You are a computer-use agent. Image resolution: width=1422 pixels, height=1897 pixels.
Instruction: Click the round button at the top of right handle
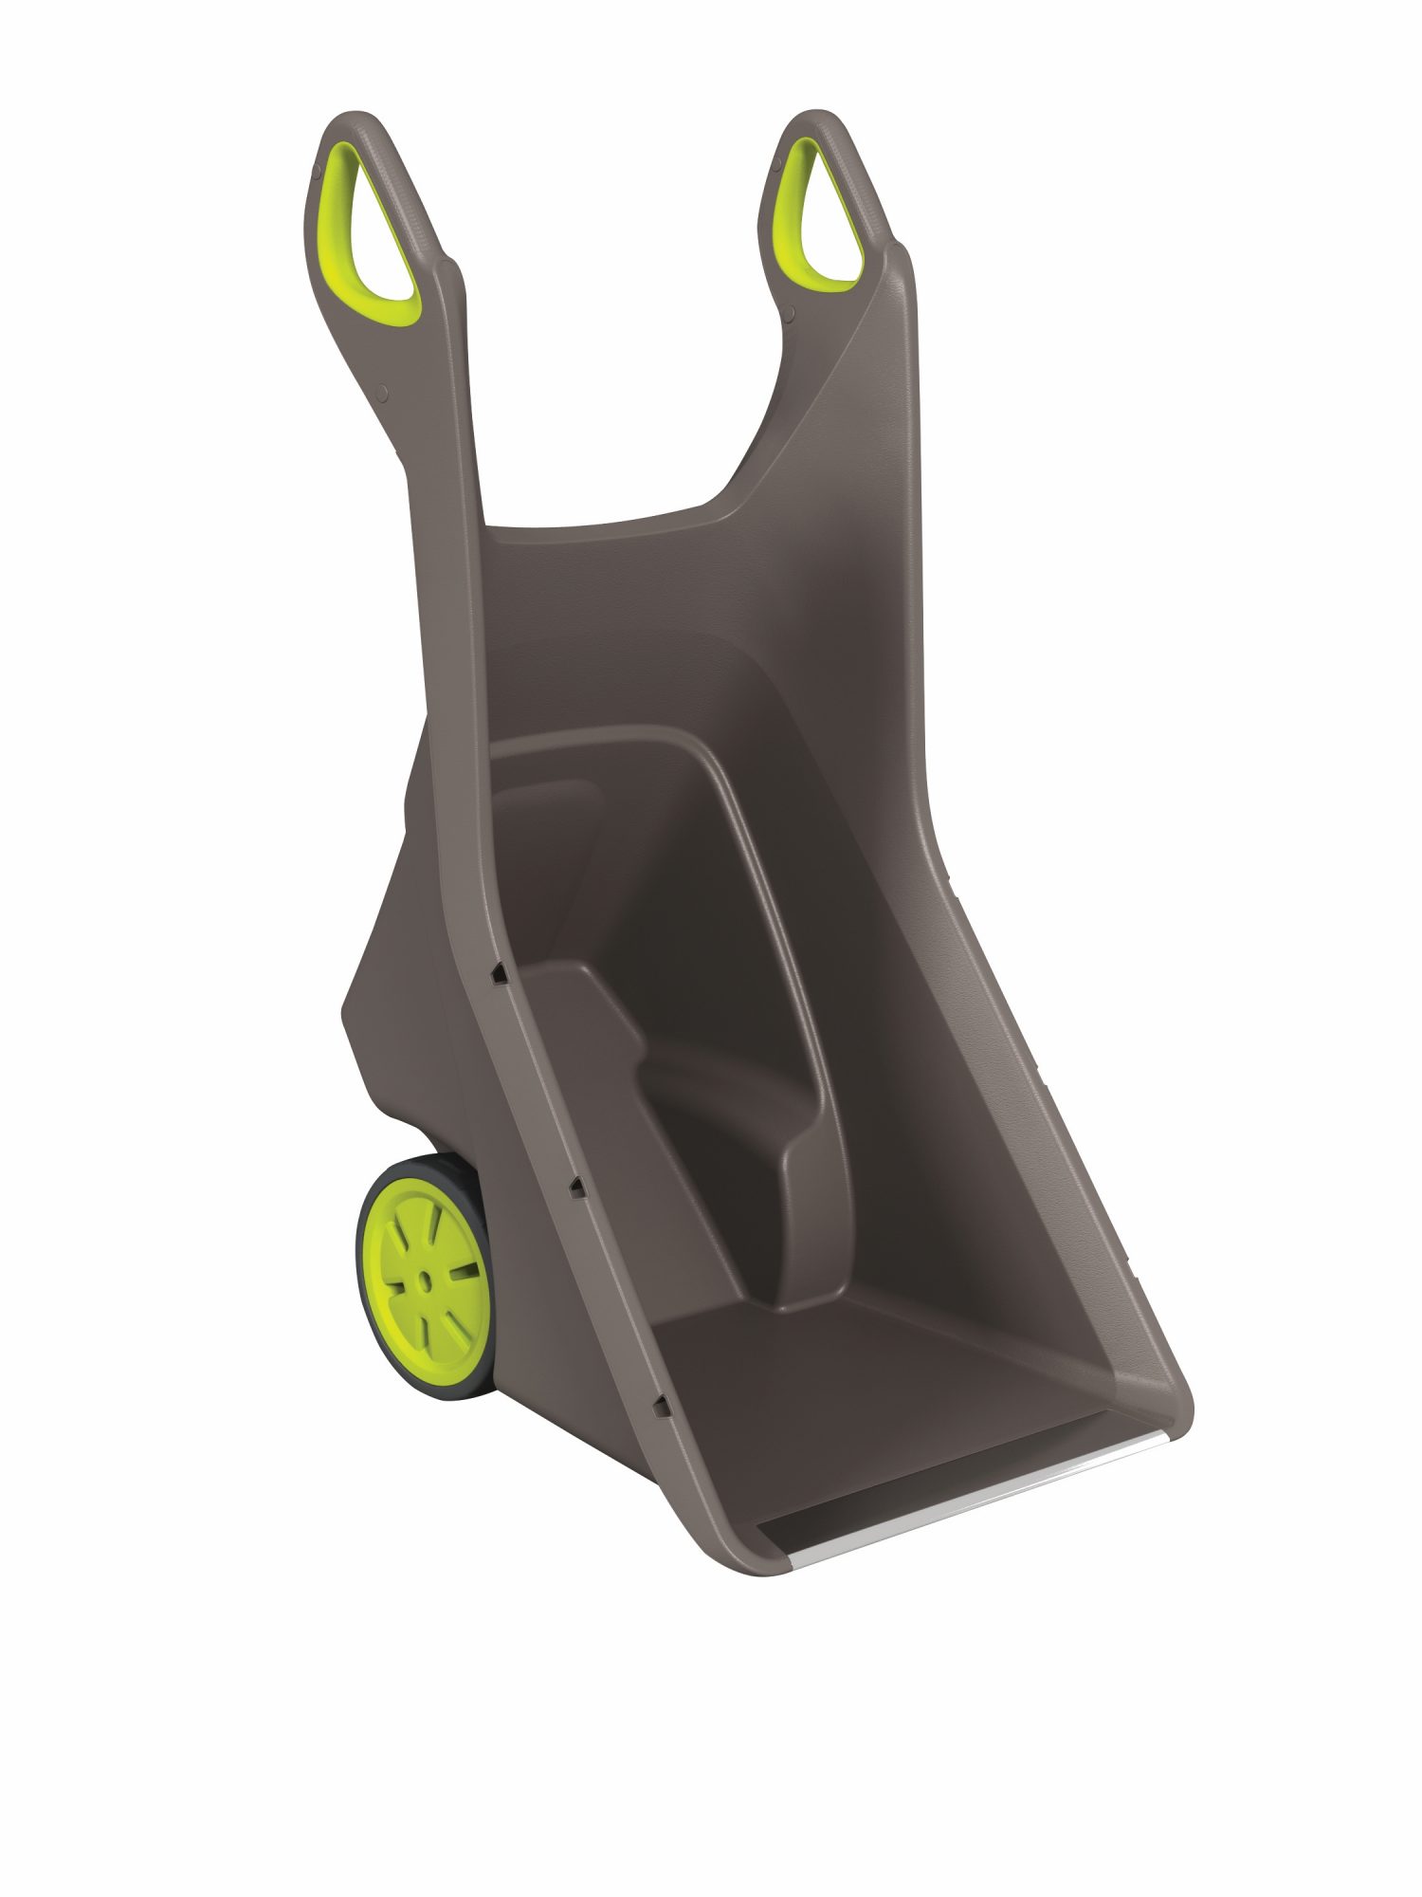776,167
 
